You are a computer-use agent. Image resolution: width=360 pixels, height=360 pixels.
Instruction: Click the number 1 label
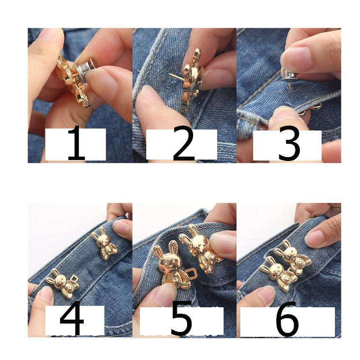[76, 144]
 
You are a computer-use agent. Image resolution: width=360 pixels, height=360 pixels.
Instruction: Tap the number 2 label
[184, 143]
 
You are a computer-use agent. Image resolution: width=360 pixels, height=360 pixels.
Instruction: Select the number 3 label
[289, 143]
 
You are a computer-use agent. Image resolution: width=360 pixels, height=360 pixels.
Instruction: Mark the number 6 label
[287, 319]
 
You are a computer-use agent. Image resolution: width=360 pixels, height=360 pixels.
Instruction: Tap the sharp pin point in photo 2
[169, 74]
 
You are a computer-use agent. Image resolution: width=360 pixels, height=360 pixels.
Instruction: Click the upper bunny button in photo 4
[104, 243]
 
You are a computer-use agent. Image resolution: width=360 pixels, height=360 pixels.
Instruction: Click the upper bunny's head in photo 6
[290, 254]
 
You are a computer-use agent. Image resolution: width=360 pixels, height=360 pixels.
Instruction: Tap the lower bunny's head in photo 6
[275, 269]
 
